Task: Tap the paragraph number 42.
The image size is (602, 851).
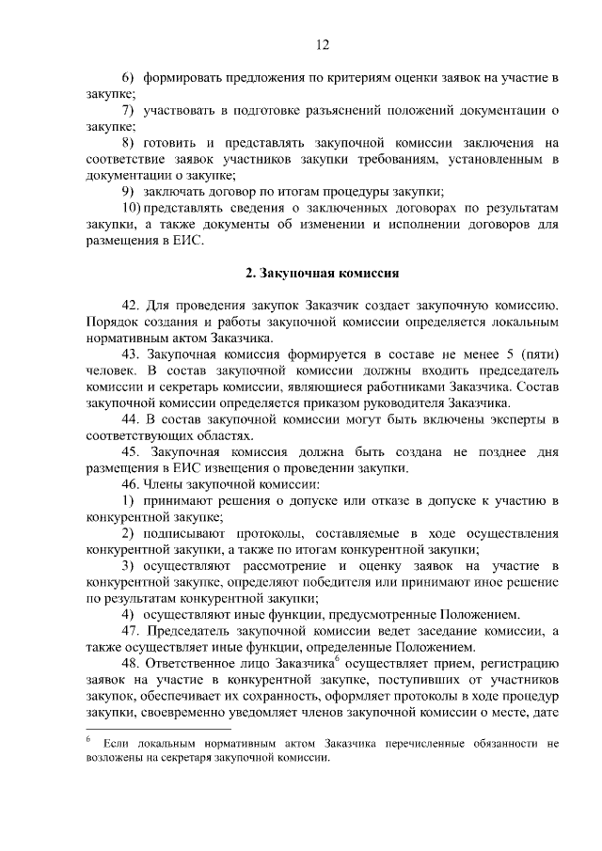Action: point(130,307)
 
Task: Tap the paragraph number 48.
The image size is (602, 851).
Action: point(130,664)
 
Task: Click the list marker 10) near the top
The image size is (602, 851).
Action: point(132,207)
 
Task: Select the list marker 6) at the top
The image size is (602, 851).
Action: point(127,73)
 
